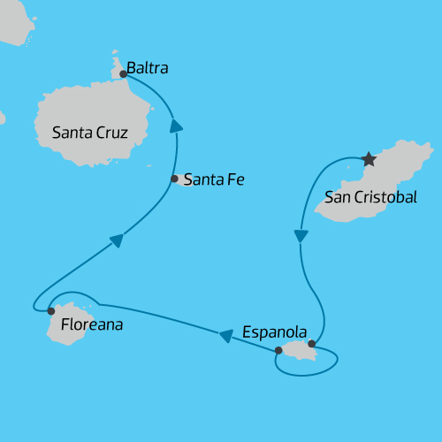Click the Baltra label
tap(148, 67)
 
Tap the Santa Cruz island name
tap(90, 133)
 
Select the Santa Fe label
tap(213, 179)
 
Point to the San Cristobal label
tap(370, 196)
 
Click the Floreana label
tap(92, 325)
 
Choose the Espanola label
tap(274, 333)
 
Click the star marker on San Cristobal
tap(369, 160)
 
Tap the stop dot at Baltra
tap(123, 74)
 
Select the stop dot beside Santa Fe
tap(175, 179)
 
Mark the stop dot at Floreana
tap(51, 311)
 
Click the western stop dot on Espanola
tap(278, 351)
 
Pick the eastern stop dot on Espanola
tap(311, 344)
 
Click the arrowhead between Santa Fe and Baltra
tap(177, 126)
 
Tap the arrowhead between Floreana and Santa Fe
tap(117, 240)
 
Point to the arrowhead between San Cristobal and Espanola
tap(301, 236)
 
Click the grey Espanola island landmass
tap(299, 352)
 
